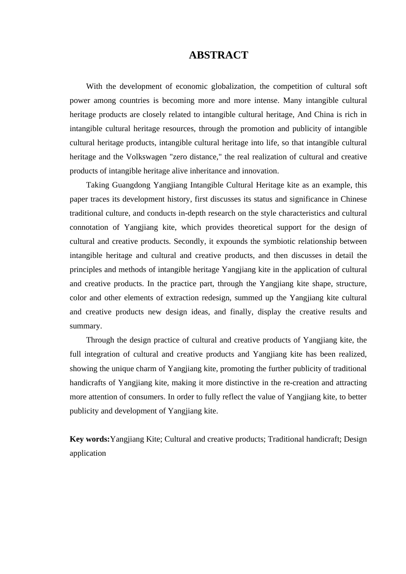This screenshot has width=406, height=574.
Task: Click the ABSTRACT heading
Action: (218, 55)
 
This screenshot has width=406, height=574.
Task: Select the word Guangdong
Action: (130, 185)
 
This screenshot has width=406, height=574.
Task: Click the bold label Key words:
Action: (90, 439)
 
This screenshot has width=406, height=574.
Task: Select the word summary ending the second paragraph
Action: (85, 326)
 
